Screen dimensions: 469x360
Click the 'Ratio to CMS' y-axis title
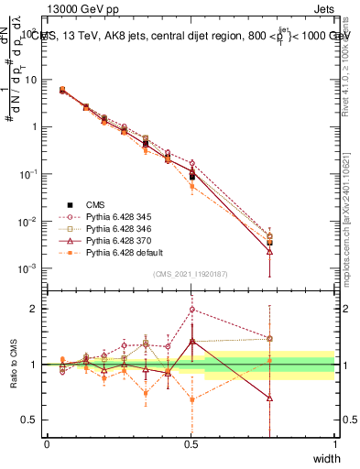[x=13, y=365]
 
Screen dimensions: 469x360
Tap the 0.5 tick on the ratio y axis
[x=31, y=420]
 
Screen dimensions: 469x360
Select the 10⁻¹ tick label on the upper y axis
[x=30, y=174]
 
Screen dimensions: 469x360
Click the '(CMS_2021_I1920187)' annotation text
[x=191, y=276]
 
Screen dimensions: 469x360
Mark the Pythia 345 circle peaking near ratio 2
[x=191, y=310]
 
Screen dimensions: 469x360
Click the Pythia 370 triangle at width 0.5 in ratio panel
[x=191, y=341]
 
